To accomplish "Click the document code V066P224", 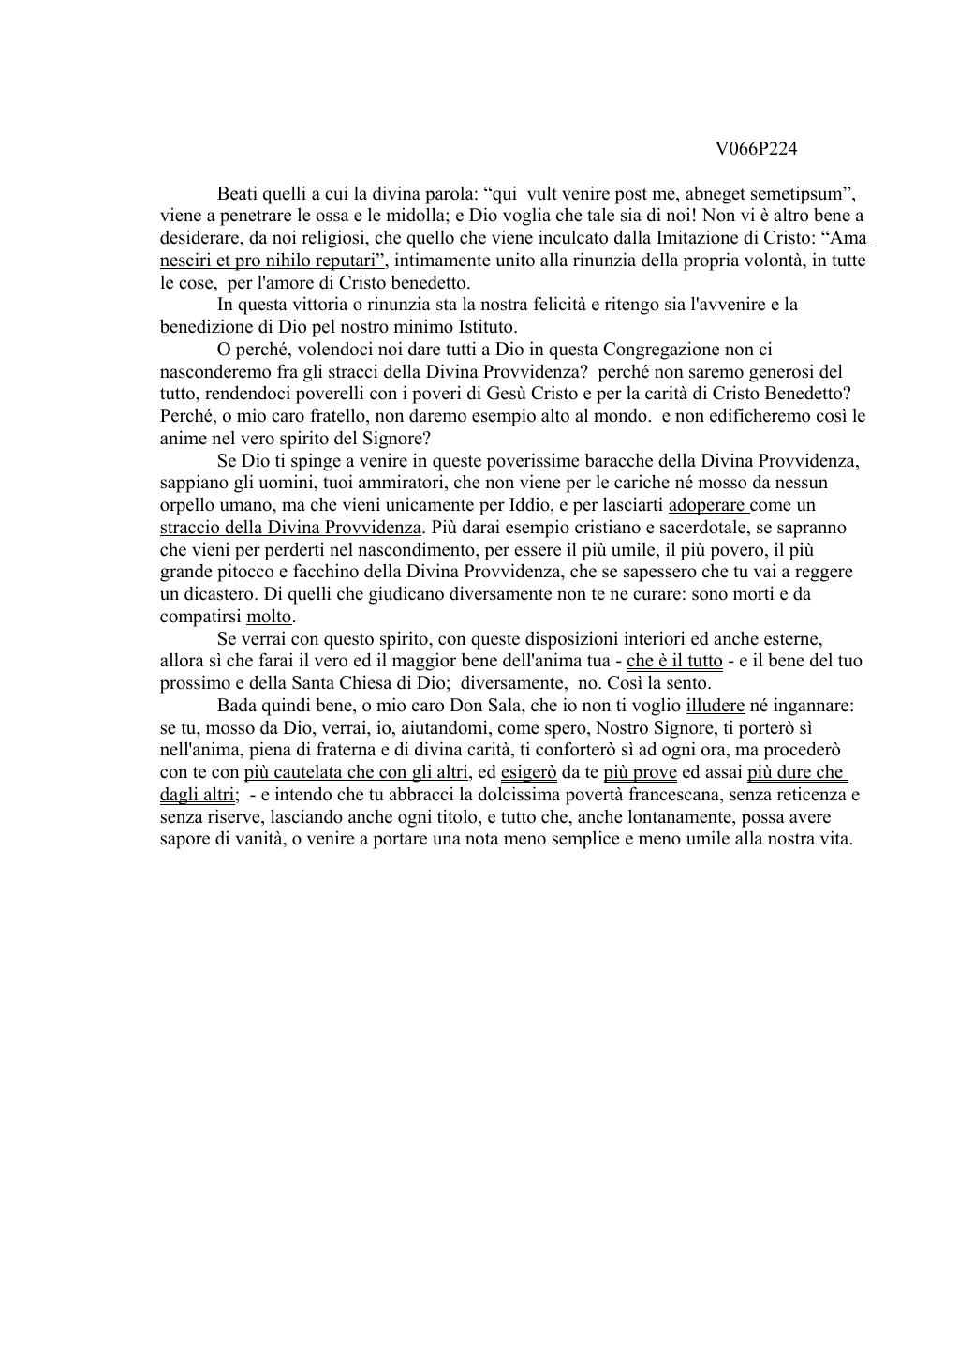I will [756, 148].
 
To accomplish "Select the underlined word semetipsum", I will [804, 194].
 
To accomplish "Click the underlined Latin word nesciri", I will [186, 260].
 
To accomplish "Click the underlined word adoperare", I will [707, 505].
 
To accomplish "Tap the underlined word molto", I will [270, 617].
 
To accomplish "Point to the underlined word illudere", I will [715, 706].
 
